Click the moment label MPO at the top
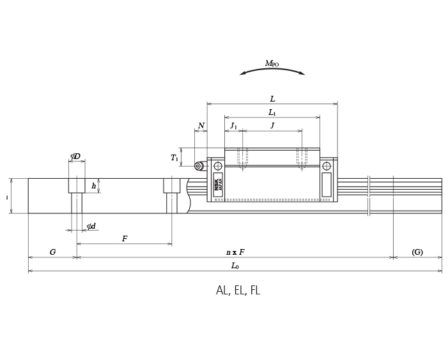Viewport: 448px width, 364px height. (272, 64)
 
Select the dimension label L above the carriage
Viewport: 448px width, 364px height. (272, 99)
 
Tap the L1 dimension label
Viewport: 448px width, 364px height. (272, 113)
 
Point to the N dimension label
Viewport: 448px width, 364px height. (201, 126)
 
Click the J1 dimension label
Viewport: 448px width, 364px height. (233, 126)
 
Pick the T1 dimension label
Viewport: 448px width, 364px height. (174, 158)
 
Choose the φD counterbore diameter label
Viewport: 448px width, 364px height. (75, 156)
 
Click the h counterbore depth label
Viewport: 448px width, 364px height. (93, 186)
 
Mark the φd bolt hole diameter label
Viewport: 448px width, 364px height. (91, 226)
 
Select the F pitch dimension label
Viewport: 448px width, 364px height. (125, 239)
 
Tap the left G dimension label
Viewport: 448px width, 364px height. (52, 252)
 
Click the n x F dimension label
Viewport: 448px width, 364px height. (235, 252)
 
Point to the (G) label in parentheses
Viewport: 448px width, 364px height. (417, 252)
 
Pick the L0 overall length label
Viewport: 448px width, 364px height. (235, 266)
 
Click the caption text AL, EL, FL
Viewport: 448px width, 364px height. (238, 291)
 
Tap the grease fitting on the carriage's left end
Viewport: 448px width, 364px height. (198, 166)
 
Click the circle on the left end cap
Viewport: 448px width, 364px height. (218, 166)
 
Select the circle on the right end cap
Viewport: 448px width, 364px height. (327, 166)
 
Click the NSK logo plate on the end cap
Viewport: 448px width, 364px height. (218, 184)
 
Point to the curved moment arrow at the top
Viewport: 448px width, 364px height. (272, 70)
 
